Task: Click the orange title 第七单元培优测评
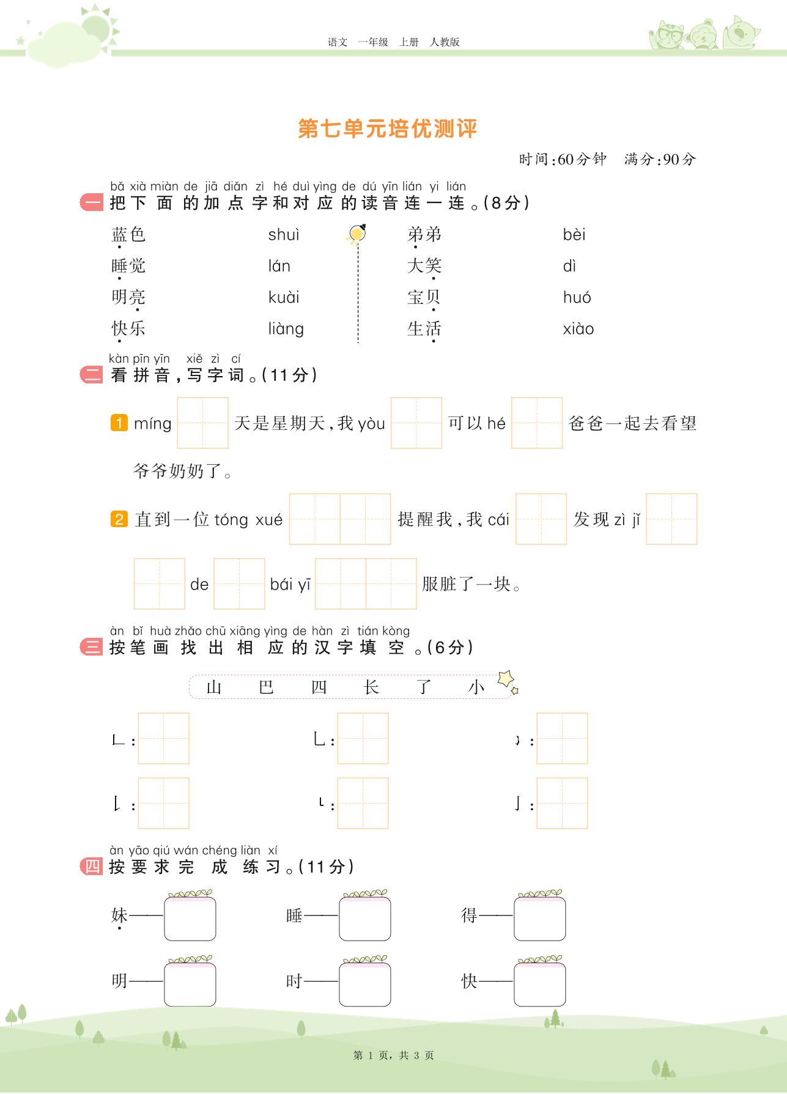click(387, 128)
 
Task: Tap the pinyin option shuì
click(284, 235)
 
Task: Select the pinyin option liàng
click(286, 329)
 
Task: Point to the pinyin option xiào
click(578, 329)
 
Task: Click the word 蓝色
click(128, 235)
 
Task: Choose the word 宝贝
click(424, 298)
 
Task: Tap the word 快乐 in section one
click(128, 328)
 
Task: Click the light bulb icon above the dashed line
click(357, 234)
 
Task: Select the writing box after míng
click(202, 423)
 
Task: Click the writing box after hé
click(536, 423)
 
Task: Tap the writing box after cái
click(541, 519)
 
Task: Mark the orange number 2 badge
click(119, 519)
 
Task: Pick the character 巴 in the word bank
click(266, 687)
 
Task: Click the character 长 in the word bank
click(371, 687)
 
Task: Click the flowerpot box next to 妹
click(190, 917)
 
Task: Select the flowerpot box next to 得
click(539, 917)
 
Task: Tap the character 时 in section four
click(294, 981)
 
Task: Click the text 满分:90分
click(660, 160)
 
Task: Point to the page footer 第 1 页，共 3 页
click(393, 1055)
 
